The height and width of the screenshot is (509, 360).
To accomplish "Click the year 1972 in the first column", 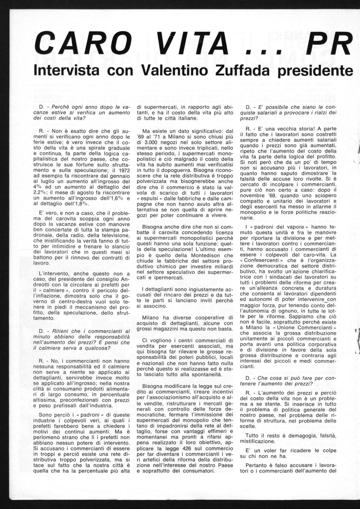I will [123, 170].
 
